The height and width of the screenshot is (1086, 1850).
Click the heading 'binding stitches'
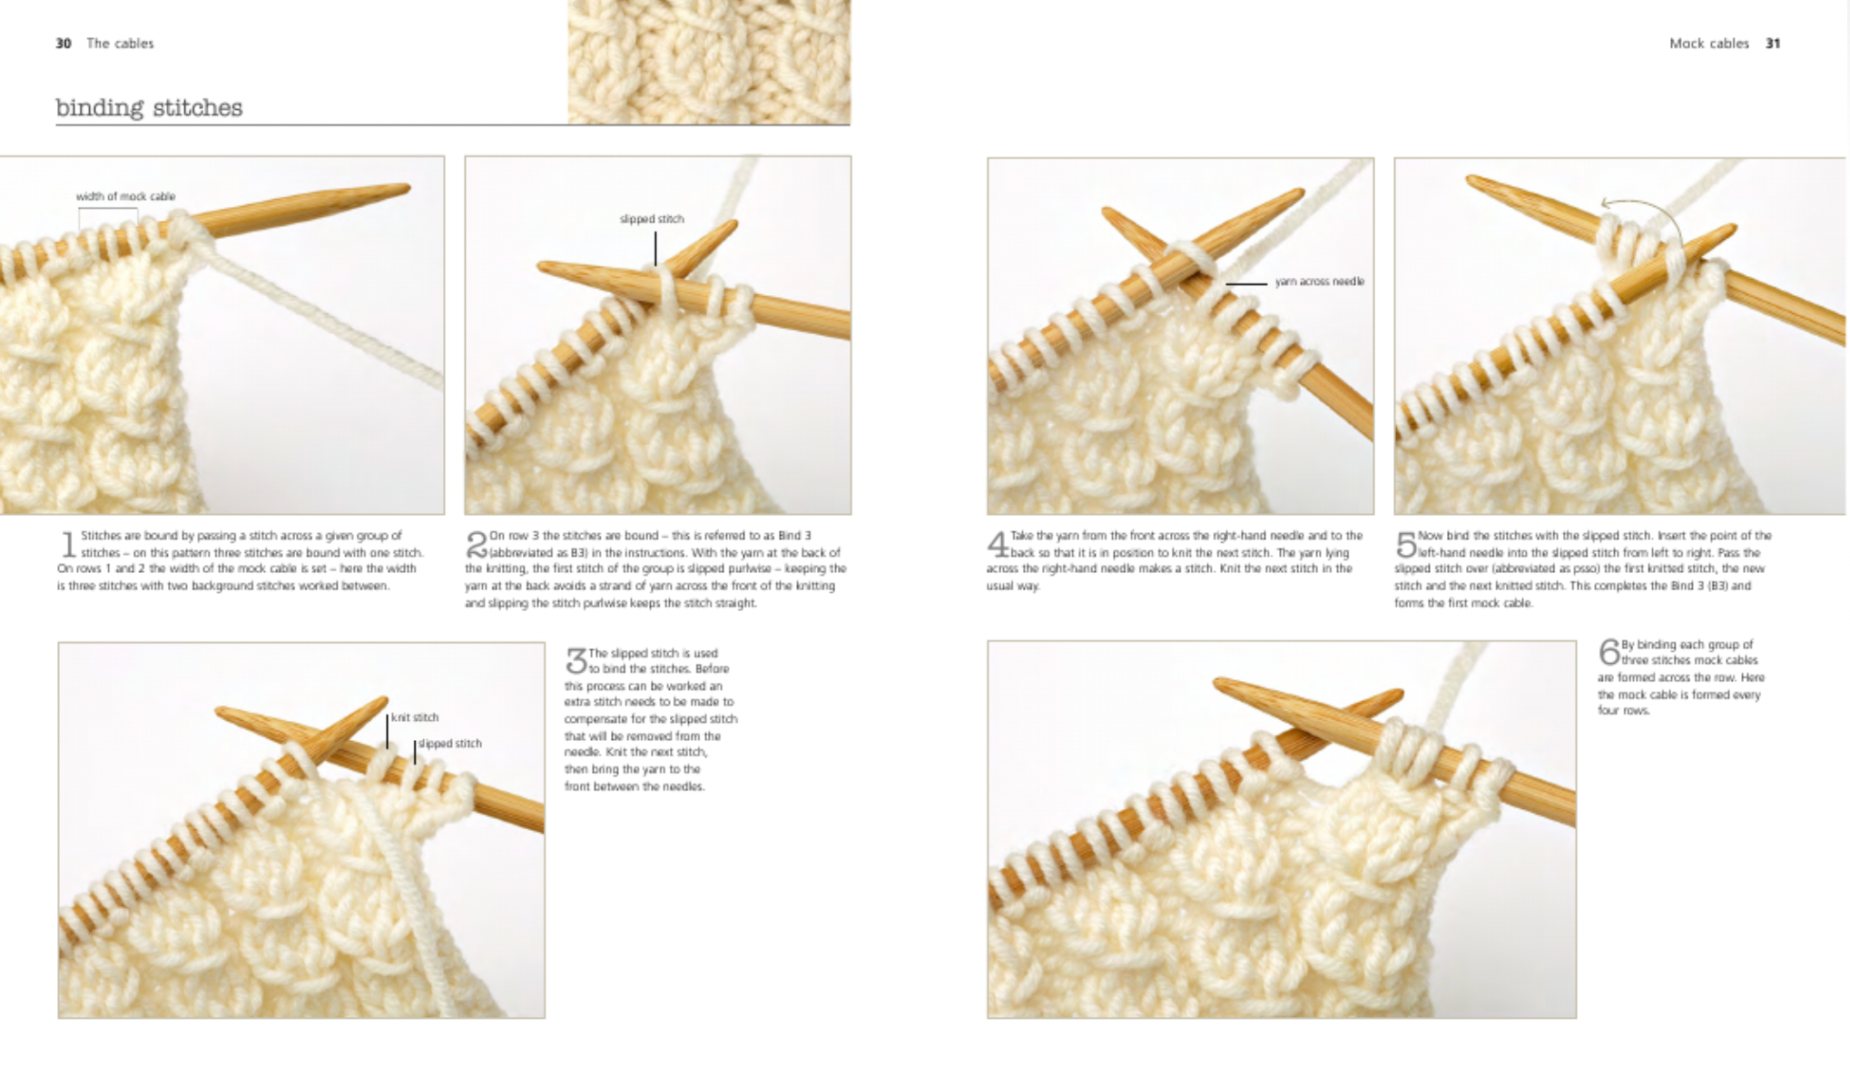tap(149, 108)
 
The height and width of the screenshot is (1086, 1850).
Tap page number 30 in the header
tap(64, 44)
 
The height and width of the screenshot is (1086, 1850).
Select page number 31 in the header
tap(1773, 44)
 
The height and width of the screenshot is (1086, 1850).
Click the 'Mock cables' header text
tap(1708, 44)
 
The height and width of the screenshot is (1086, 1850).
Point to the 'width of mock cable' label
tap(125, 196)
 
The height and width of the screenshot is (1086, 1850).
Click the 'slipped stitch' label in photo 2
tap(652, 219)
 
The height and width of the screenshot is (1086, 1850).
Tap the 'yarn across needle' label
tap(1319, 281)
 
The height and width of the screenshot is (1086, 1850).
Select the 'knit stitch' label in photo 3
tap(415, 717)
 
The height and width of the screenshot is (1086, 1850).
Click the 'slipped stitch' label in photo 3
tap(449, 744)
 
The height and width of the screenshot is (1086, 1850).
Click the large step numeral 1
tap(68, 545)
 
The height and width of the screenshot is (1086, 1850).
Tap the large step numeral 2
tap(477, 545)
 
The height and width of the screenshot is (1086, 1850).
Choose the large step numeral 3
tap(576, 661)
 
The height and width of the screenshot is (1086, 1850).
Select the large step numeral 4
tap(998, 545)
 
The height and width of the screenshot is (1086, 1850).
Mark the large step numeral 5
tap(1406, 545)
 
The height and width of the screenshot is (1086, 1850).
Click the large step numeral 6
tap(1609, 652)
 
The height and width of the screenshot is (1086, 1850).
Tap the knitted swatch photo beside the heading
tap(709, 62)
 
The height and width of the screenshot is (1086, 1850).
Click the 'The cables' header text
tap(120, 44)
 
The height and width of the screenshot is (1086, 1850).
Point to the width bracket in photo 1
tap(108, 210)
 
